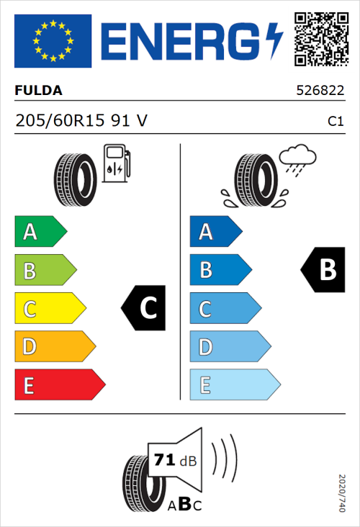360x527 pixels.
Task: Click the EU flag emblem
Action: click(x=53, y=41)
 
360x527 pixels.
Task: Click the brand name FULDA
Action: click(x=39, y=91)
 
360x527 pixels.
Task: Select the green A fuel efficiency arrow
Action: click(x=40, y=232)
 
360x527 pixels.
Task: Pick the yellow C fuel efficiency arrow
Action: click(x=50, y=309)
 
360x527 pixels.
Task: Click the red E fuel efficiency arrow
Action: click(x=59, y=385)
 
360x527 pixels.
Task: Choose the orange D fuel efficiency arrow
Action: click(x=55, y=347)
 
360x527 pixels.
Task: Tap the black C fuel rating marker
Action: click(x=144, y=308)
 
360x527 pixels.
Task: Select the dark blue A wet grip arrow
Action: click(x=215, y=232)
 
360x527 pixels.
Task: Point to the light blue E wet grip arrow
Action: click(x=234, y=385)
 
